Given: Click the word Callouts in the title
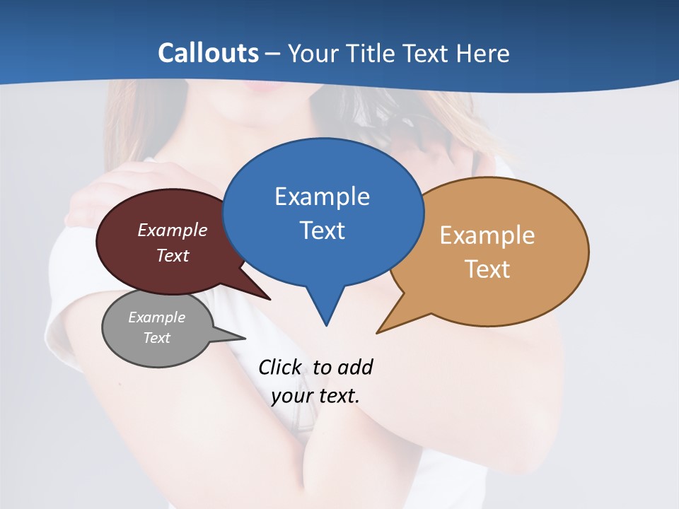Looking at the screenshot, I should (x=208, y=53).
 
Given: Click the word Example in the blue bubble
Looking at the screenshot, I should (x=322, y=197).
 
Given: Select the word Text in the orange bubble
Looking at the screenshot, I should (x=487, y=269).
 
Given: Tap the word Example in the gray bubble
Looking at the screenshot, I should (x=156, y=317).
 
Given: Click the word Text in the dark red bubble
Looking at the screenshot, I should (x=173, y=255).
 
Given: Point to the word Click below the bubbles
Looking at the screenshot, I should (x=279, y=367).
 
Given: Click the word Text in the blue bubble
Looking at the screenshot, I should (x=323, y=230).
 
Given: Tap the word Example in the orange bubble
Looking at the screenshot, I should (x=487, y=235).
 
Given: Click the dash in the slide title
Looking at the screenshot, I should (x=273, y=54).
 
